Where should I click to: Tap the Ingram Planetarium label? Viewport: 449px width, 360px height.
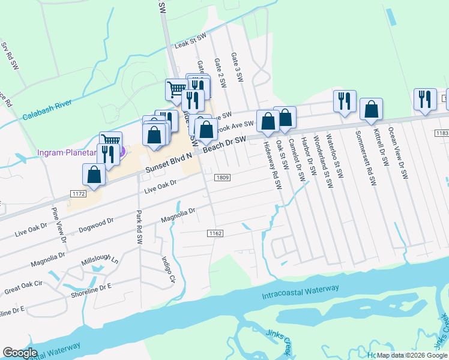tap(67, 153)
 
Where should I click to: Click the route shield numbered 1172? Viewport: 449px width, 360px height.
tap(77, 193)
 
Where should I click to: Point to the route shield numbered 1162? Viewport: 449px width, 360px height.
tap(215, 233)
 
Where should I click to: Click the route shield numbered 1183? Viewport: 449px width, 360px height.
tap(443, 133)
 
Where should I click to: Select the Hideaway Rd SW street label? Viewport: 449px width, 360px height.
tap(271, 165)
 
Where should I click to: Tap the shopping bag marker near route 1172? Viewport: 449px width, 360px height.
tap(94, 175)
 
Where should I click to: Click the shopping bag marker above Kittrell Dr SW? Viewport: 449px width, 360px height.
tap(371, 109)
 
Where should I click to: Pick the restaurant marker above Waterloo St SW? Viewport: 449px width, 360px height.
tap(345, 100)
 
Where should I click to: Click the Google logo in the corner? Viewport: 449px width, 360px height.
tap(20, 353)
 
